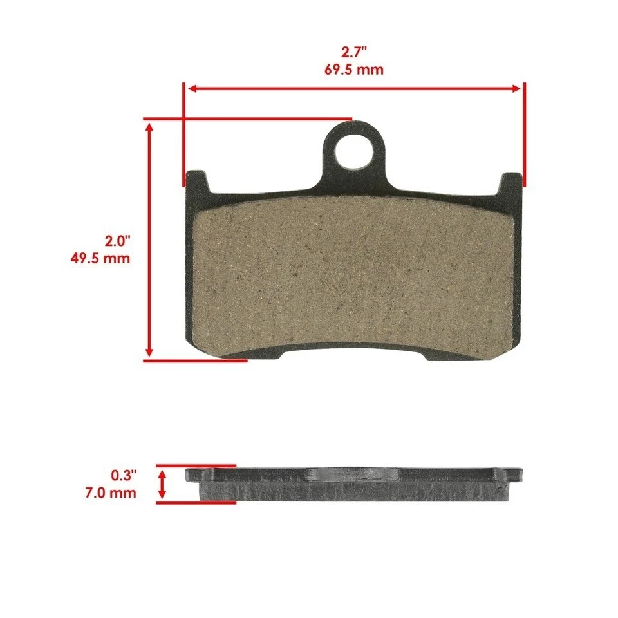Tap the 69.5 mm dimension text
point(353,70)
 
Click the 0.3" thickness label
point(124,476)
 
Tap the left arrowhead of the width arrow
point(191,88)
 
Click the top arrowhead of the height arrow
point(150,127)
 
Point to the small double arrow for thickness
point(162,483)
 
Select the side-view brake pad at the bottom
point(353,485)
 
